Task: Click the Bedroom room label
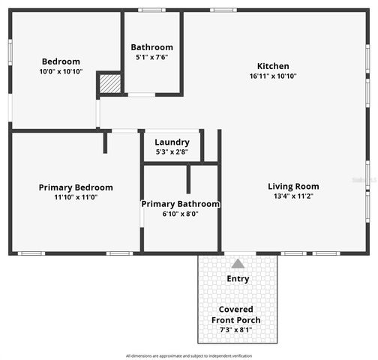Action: [61, 61]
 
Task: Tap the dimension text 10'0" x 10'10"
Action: [61, 72]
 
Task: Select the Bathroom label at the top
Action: [152, 47]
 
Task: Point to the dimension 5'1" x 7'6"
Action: [152, 57]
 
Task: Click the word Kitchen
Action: [273, 66]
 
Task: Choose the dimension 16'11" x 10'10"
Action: [273, 76]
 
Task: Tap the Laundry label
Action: [172, 142]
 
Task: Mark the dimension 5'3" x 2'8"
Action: [172, 152]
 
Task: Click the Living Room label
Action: [293, 187]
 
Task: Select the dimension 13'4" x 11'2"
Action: [293, 196]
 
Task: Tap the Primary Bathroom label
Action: [181, 204]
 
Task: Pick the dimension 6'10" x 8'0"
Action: [181, 214]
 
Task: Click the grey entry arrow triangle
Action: [238, 263]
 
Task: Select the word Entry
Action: [238, 279]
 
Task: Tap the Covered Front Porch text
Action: [236, 315]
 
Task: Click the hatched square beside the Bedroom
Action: [110, 83]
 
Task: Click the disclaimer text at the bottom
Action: [189, 355]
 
